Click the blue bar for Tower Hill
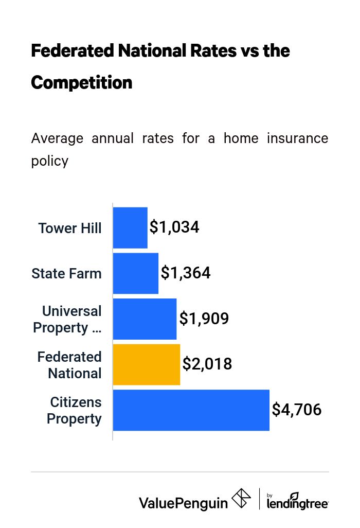(x=130, y=227)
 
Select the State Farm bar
(x=135, y=273)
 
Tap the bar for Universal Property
(x=145, y=319)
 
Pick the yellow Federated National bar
(x=146, y=364)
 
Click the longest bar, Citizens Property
(x=191, y=410)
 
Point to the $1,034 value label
(x=174, y=227)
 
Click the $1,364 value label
(x=186, y=273)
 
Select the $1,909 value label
(x=204, y=319)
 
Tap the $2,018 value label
(x=207, y=364)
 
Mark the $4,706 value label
(x=297, y=410)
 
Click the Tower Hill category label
(x=70, y=228)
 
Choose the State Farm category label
(x=66, y=273)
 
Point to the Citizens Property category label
(x=75, y=410)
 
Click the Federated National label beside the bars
(x=70, y=365)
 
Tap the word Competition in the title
(x=82, y=82)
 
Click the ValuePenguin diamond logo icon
(x=241, y=498)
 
